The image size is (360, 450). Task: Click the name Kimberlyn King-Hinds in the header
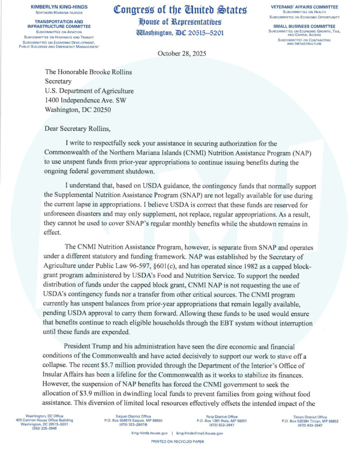tap(59, 7)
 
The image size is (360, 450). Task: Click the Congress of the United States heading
tap(180, 9)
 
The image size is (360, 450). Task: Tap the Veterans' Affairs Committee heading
tap(305, 7)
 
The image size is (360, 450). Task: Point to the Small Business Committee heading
tap(305, 26)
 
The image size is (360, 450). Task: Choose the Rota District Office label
tap(222, 416)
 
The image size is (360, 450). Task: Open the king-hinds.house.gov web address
tap(149, 433)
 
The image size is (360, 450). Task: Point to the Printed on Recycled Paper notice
tap(180, 441)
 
